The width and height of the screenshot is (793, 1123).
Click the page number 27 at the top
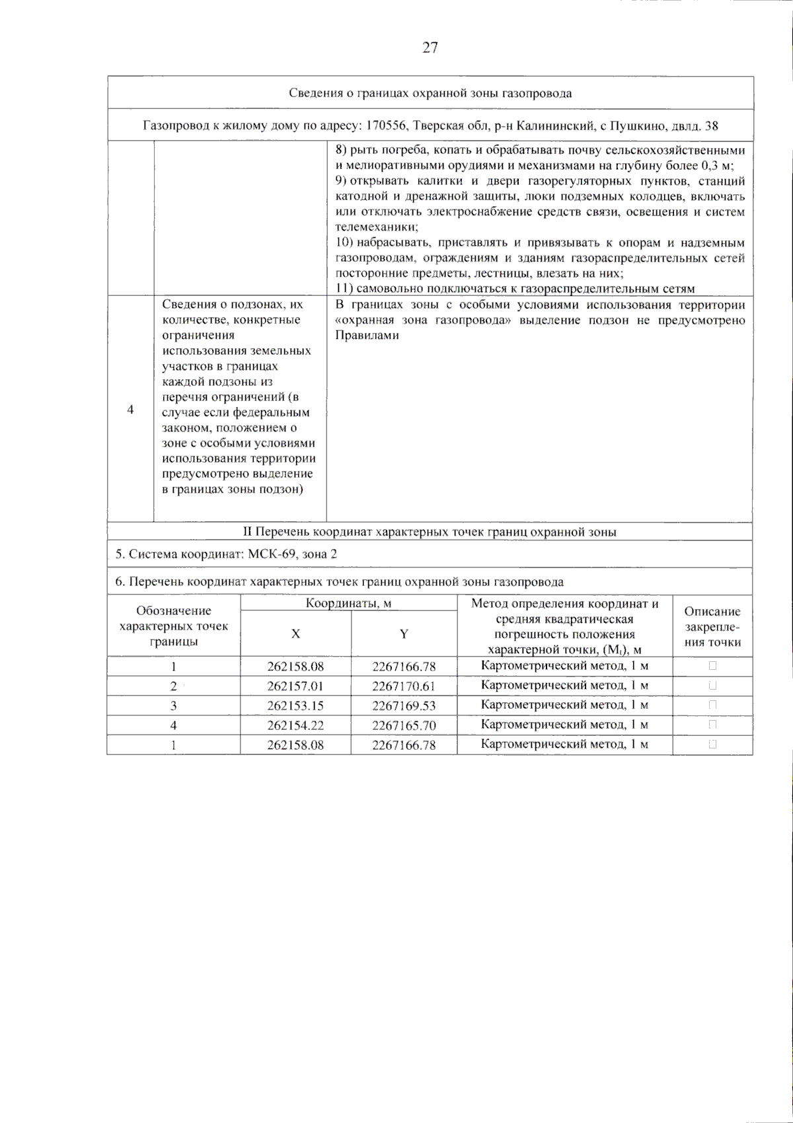(430, 48)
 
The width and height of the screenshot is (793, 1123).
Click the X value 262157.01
(295, 686)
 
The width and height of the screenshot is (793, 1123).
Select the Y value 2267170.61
(404, 686)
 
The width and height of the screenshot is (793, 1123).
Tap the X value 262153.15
(295, 706)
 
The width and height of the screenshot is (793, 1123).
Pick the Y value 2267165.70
(404, 725)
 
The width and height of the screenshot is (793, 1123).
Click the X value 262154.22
(295, 725)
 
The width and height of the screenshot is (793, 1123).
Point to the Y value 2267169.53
(404, 706)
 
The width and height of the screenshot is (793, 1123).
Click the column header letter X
(295, 634)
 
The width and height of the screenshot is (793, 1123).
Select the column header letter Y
(404, 634)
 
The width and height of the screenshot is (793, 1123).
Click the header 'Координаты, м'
(348, 603)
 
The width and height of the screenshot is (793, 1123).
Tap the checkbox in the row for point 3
(712, 705)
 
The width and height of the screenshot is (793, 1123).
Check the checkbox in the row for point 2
(712, 686)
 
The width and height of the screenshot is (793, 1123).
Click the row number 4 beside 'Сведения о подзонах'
(130, 410)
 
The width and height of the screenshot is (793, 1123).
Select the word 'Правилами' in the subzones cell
(367, 336)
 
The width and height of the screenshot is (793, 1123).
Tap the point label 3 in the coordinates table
(174, 706)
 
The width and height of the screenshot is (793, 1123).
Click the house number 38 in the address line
(712, 126)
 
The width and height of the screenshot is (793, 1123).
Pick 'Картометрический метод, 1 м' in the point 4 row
(564, 725)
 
